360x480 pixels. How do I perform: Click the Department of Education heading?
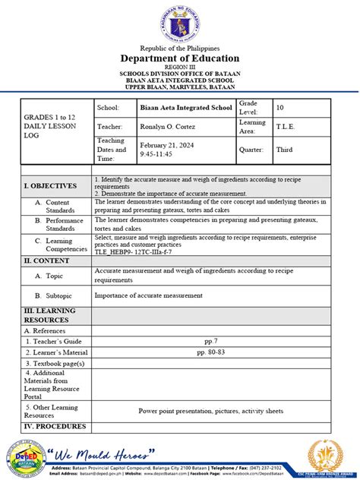180,58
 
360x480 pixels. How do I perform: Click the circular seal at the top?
180,23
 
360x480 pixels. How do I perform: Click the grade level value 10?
279,108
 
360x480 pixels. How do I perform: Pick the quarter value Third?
284,150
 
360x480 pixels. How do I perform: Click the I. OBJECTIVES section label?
50,185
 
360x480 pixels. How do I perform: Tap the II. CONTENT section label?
48,260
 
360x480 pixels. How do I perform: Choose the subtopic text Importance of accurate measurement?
148,295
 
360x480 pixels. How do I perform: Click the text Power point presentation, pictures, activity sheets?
210,411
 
